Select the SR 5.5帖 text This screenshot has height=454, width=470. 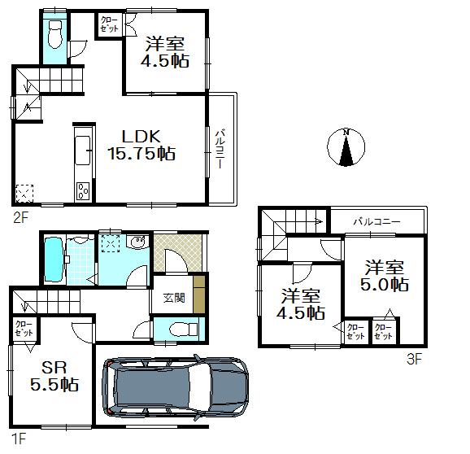tap(56, 375)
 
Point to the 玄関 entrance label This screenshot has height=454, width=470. tap(173, 298)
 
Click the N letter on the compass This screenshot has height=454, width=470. tap(346, 133)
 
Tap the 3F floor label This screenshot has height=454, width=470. tap(415, 358)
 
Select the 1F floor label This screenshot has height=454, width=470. tap(20, 440)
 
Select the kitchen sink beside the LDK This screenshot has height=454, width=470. tap(83, 151)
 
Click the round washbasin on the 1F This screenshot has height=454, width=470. tap(138, 242)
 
